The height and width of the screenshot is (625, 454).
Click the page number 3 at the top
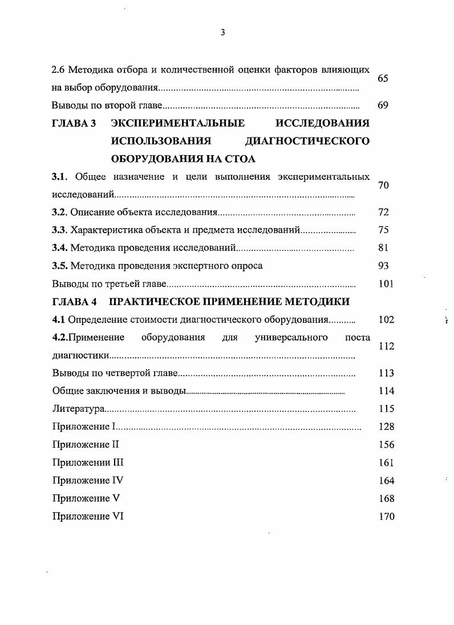(222, 33)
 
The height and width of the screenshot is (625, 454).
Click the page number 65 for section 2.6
(383, 78)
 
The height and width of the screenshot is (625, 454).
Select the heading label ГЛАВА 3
(74, 123)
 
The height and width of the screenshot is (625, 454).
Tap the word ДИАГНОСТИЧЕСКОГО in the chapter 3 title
(306, 141)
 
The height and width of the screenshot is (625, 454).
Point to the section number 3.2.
(60, 212)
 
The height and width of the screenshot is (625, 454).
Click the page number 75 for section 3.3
(383, 230)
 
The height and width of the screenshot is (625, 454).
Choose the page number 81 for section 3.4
(383, 247)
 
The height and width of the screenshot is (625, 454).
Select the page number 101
(386, 283)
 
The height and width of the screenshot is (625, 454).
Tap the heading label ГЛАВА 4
(74, 301)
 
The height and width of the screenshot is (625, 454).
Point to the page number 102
(386, 319)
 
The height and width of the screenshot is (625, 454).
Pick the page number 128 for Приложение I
(386, 427)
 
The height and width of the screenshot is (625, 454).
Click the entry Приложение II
(85, 444)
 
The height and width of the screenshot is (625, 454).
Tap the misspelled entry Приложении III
(88, 462)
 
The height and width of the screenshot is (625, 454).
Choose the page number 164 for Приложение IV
(386, 481)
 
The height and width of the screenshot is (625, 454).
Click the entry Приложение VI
(88, 516)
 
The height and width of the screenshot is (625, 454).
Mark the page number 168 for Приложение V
(386, 498)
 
